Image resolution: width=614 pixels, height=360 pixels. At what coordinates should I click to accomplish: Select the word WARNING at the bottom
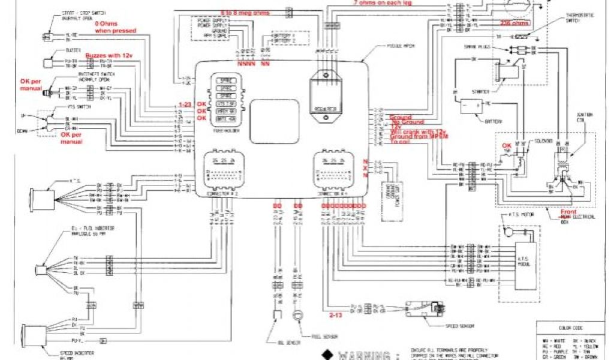pos(365,355)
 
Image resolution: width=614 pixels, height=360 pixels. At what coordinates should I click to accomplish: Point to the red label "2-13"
pos(336,313)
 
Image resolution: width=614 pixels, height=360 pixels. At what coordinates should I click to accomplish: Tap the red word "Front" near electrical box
pos(568,212)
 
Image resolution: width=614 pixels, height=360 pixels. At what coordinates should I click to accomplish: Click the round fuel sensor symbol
pos(295,315)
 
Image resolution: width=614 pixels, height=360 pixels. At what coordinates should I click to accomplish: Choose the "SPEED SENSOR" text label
pos(460,326)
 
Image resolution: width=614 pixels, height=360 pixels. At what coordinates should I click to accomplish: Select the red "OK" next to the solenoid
pos(507,145)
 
